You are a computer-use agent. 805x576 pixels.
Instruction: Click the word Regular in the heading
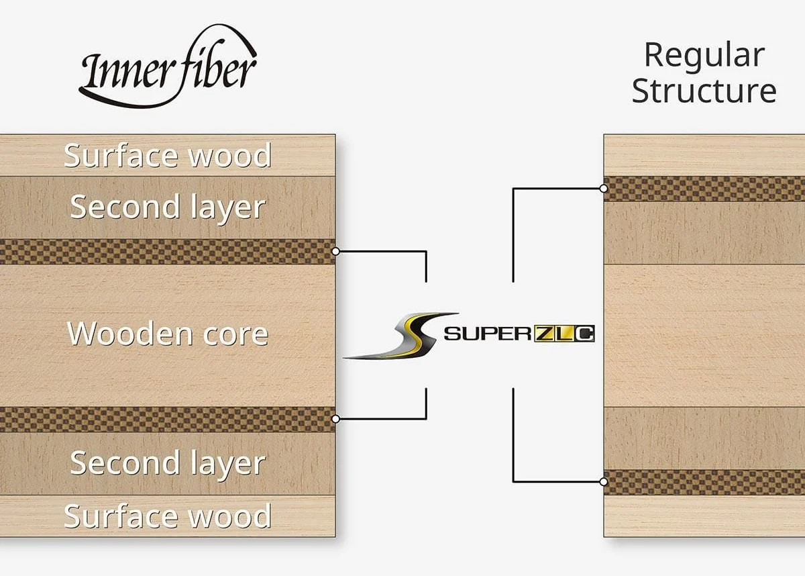(704, 56)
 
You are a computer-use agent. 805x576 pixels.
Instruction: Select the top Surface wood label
(168, 155)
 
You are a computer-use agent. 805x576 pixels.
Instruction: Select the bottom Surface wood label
(168, 516)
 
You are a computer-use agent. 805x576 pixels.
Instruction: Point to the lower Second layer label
(168, 464)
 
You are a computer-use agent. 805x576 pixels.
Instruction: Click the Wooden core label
(168, 334)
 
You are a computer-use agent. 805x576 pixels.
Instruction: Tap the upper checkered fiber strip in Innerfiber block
(168, 252)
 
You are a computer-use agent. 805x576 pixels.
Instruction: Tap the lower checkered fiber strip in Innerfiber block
(168, 419)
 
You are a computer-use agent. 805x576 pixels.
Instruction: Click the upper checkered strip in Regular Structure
(704, 189)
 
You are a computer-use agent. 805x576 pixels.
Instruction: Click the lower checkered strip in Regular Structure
(704, 482)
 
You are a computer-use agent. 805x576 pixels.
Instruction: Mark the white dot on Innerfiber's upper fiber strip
(335, 251)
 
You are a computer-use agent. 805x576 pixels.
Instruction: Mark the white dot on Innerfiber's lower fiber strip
(335, 419)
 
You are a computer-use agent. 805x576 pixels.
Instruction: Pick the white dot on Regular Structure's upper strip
(604, 189)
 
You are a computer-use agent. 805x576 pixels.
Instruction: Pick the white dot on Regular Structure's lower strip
(604, 482)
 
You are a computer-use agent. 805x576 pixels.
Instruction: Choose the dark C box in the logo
(584, 334)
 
